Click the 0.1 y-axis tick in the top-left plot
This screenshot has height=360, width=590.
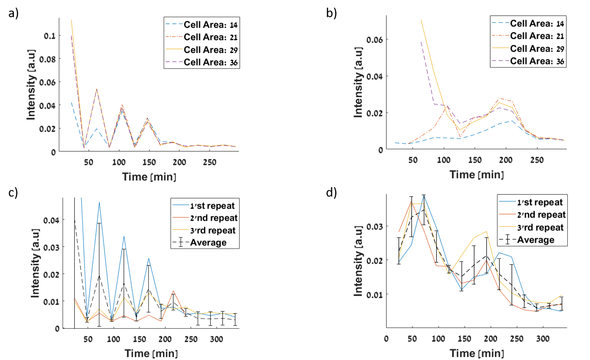50,36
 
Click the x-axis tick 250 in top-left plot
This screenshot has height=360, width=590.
209,162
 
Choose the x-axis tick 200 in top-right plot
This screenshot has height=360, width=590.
506,160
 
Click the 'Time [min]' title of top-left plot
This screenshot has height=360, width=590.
149,177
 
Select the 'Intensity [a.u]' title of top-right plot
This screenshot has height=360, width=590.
358,82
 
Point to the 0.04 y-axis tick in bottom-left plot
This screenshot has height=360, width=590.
51,220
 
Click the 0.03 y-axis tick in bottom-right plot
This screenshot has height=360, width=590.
374,227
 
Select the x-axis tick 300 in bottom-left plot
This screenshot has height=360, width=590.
216,339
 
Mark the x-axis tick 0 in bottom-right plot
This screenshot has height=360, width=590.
386,339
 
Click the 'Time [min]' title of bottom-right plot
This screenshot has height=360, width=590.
477,353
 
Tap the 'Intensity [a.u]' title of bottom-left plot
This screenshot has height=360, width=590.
35,263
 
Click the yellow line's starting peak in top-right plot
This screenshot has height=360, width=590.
421,20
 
